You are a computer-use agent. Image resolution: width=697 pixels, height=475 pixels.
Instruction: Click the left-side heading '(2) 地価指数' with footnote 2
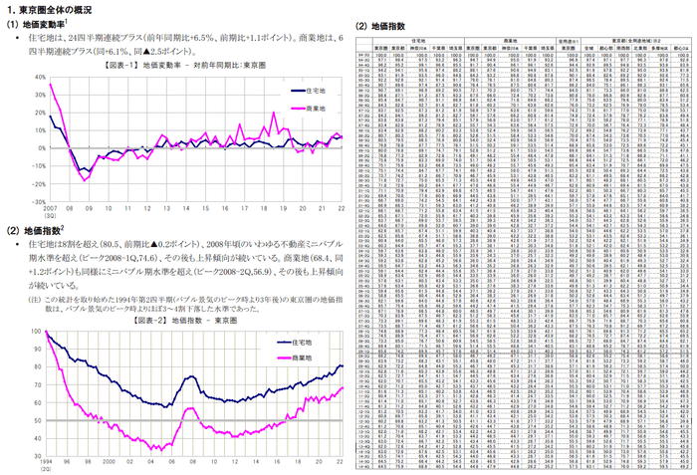tap(34, 229)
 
